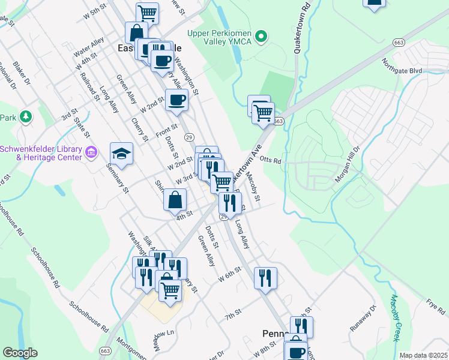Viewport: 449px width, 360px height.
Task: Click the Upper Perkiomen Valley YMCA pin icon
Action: point(261,37)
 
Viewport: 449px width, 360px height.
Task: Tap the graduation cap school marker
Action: point(121,154)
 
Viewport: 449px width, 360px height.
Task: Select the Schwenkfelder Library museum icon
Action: point(91,152)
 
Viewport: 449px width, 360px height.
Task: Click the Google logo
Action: point(20,352)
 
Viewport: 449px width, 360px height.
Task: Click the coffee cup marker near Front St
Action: point(176,100)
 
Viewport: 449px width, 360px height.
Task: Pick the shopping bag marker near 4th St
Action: point(175,199)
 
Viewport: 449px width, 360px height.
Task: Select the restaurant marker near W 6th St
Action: point(265,277)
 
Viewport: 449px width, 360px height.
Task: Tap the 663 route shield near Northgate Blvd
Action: point(399,42)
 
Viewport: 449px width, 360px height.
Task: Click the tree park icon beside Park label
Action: point(25,116)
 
